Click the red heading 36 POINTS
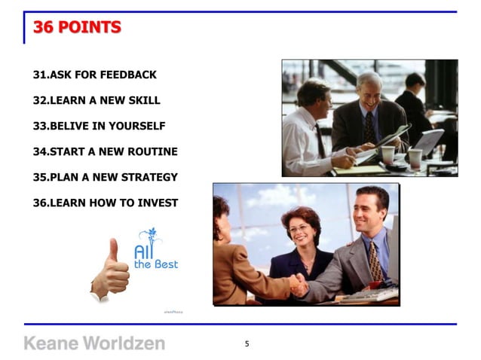(77, 28)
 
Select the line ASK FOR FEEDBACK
(95, 75)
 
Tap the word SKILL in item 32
(145, 100)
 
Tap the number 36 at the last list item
(39, 203)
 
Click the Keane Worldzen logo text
(94, 343)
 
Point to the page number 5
(247, 344)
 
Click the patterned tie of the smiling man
(375, 259)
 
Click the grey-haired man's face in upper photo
(369, 91)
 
